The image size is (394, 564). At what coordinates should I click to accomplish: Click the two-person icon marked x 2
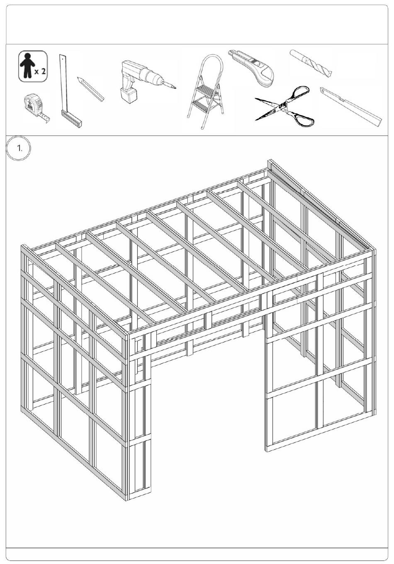33,66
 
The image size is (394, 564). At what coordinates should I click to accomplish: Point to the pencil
90,89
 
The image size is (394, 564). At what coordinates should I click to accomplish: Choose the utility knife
252,68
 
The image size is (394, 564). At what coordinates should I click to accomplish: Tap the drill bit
311,63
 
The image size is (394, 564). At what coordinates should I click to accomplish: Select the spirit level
351,107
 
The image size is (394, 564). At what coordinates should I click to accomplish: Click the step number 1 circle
18,148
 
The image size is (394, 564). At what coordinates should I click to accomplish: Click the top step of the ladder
205,90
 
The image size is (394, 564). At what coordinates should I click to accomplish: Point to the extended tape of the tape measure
44,118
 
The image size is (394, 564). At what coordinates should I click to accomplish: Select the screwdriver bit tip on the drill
170,85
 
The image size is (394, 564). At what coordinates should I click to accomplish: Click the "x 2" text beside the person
40,71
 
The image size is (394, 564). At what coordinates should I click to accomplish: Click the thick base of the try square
72,119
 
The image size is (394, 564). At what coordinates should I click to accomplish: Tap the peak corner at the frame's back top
270,160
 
